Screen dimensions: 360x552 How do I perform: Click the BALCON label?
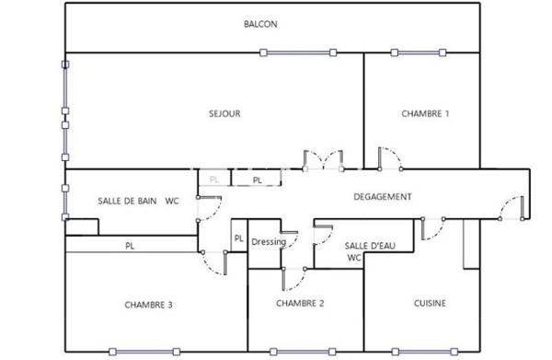coord(260,25)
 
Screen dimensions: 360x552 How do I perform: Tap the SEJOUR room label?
coord(224,114)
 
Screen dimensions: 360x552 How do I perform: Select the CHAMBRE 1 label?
coord(425,114)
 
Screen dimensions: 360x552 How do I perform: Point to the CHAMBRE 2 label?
coord(300,303)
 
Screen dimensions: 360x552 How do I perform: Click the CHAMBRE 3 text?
coord(149,305)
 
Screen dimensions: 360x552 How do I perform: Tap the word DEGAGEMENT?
coord(382,197)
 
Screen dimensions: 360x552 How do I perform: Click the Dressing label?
coord(269,242)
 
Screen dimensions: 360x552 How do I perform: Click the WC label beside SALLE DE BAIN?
coord(172,200)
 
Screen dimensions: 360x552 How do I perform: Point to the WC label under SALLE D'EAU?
coord(354,259)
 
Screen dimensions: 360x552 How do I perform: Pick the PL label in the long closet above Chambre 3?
coord(131,247)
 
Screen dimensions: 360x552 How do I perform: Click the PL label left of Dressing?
coord(238,238)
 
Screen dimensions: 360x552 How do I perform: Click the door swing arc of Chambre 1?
coord(390,157)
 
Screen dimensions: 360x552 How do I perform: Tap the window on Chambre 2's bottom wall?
coord(300,351)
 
